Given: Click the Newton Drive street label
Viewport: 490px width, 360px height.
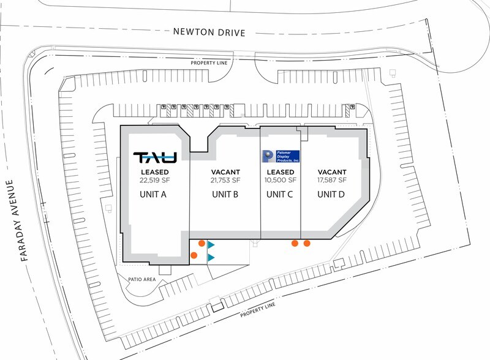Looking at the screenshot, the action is (x=209, y=32).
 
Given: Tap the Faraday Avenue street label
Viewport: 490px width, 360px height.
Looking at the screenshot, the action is (x=17, y=220).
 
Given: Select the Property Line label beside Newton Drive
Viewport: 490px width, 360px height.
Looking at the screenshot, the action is (x=209, y=63).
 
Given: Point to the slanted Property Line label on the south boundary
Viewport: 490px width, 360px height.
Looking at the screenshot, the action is (x=258, y=309).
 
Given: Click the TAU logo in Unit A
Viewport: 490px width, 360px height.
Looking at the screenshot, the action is (x=155, y=157).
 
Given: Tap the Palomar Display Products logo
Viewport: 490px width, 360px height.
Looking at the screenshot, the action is (x=281, y=156).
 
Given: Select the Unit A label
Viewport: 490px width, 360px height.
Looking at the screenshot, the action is (x=153, y=194).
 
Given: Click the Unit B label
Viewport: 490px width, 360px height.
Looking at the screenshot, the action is (x=225, y=194).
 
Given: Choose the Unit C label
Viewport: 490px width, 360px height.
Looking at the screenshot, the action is (x=280, y=194).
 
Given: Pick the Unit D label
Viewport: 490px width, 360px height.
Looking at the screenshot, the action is (x=331, y=194).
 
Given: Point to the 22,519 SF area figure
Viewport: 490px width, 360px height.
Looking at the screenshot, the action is (x=155, y=181).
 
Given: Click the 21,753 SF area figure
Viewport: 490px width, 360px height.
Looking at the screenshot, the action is (x=225, y=181).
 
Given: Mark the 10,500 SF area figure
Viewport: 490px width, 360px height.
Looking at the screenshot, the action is (x=281, y=180).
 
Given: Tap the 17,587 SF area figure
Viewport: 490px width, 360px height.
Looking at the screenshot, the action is (x=332, y=180).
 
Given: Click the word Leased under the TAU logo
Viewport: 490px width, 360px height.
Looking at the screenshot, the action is (x=155, y=172).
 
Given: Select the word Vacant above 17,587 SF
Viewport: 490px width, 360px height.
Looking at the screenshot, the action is (x=332, y=172).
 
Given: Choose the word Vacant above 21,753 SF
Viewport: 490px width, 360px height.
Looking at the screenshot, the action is (x=225, y=172).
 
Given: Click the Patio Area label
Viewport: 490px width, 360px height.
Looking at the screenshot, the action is (x=142, y=279).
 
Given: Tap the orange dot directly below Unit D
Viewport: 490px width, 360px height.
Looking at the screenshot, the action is (x=307, y=243).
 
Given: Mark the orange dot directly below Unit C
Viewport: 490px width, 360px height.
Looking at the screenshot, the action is (x=295, y=243).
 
